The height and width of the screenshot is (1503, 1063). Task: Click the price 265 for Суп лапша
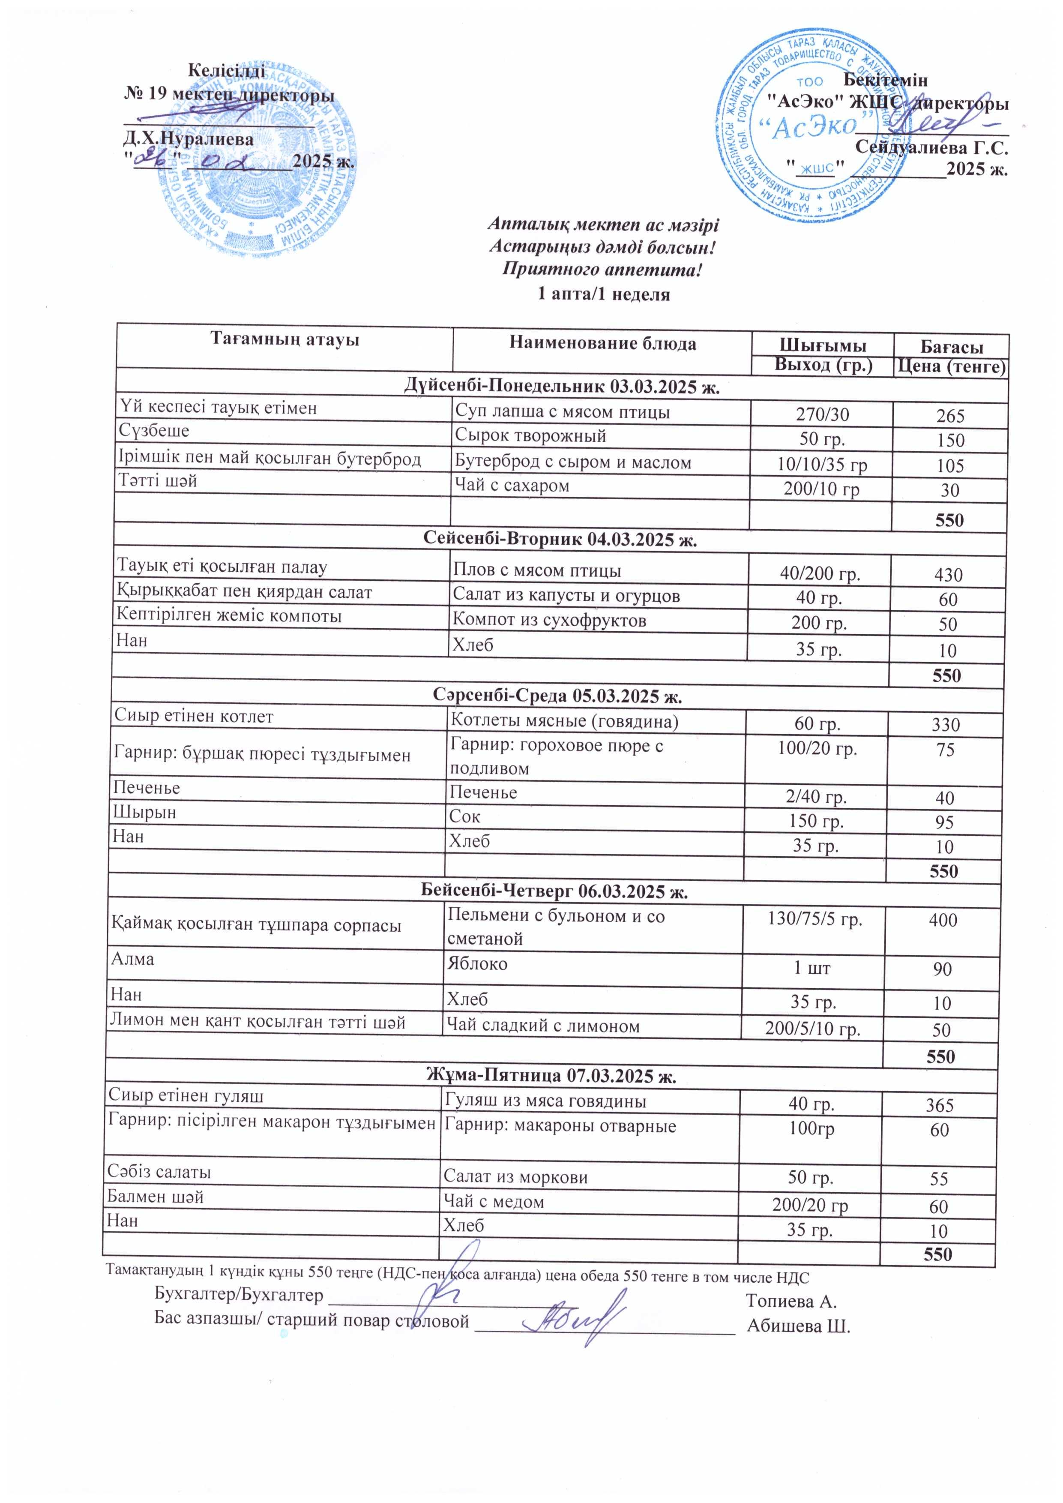[950, 416]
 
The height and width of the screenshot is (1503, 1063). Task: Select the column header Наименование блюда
[602, 344]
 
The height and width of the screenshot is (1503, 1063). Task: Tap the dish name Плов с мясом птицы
[537, 571]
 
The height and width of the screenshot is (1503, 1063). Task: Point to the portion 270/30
[822, 414]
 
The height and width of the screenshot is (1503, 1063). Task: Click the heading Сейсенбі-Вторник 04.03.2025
[560, 540]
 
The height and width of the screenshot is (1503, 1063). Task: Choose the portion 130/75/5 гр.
[814, 920]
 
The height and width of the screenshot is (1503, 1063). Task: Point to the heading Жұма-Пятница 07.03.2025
[551, 1076]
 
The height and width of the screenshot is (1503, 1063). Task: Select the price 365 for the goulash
[939, 1106]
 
